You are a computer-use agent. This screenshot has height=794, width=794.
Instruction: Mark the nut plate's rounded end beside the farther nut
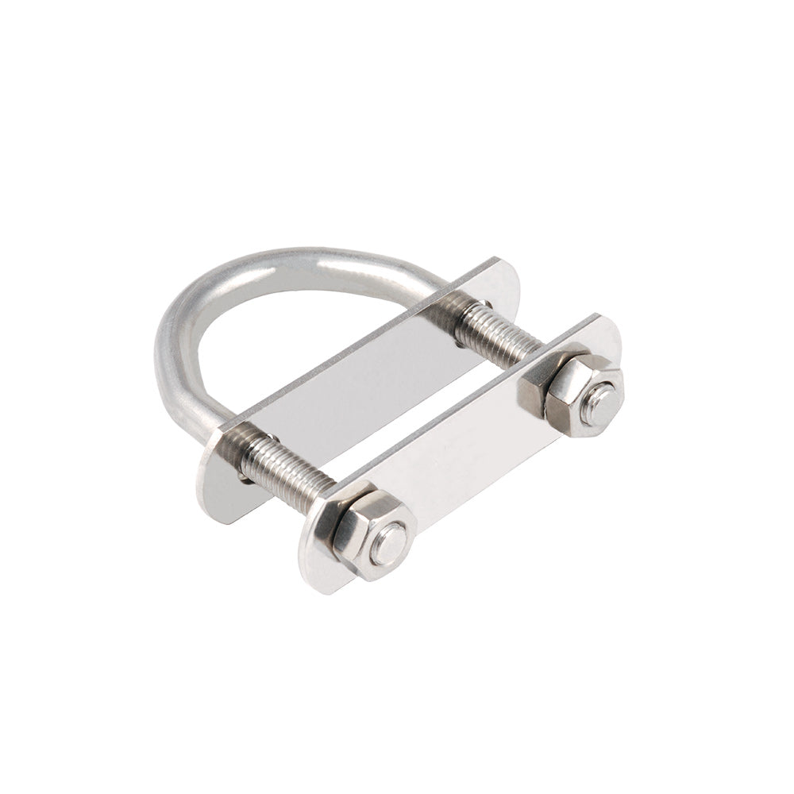pyautogui.click(x=607, y=337)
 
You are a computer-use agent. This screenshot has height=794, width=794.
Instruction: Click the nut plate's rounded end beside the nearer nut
pyautogui.click(x=318, y=556)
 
